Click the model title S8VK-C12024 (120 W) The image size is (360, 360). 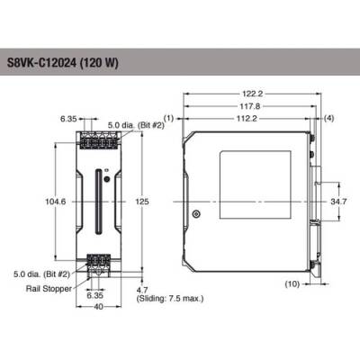pos(68,63)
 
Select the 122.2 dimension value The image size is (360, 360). pos(253,94)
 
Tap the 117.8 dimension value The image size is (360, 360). pos(253,105)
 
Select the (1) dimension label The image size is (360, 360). pos(168,117)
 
